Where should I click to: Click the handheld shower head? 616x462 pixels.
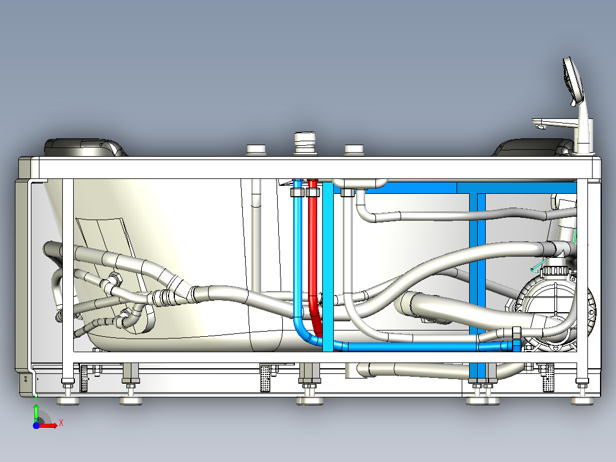572,81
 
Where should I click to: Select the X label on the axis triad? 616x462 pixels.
61,423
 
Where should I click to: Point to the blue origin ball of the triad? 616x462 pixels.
36,425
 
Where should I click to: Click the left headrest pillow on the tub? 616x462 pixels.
85,148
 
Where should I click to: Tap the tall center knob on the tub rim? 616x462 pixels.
305,143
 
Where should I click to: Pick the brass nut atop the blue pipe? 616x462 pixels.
297,192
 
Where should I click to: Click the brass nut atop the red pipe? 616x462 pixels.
313,192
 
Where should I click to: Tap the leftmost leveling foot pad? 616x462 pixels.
68,400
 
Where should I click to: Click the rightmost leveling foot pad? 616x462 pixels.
582,400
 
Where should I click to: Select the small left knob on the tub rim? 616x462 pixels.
256,150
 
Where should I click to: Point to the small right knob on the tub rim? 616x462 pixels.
354,150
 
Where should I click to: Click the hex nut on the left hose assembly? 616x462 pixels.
115,279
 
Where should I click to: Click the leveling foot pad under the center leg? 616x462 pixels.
309,400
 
